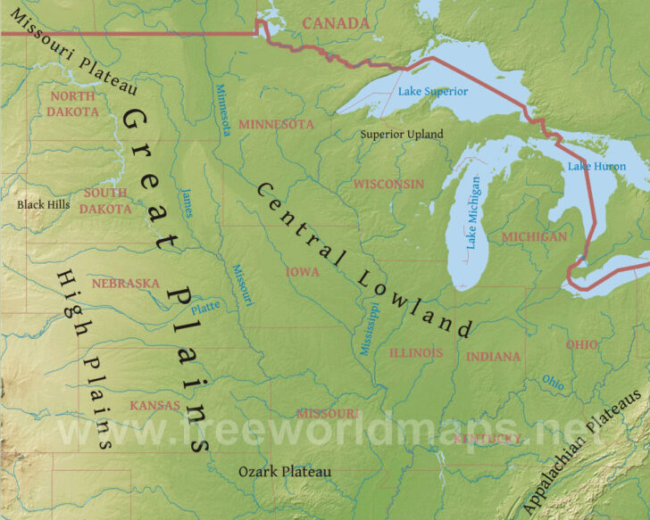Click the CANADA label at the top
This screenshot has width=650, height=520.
[x=335, y=22]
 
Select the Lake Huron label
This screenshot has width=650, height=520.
[x=596, y=166]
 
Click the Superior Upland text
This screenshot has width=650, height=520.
[x=401, y=134]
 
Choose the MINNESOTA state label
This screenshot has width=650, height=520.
[x=276, y=124]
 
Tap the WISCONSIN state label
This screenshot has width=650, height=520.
[x=388, y=184]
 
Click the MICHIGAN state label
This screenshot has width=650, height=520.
[x=534, y=236]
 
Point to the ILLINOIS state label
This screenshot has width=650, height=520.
[x=415, y=353]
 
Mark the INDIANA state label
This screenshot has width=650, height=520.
[x=493, y=357]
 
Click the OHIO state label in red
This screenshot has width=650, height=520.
[x=582, y=344]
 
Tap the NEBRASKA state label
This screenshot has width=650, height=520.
[x=125, y=284]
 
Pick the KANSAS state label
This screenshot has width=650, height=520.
[x=154, y=405]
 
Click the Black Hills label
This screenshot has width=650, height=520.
[x=43, y=204]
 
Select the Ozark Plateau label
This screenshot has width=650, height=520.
[x=285, y=471]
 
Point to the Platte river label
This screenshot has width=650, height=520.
[x=204, y=304]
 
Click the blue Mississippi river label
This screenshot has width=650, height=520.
[x=369, y=327]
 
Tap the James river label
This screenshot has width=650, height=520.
[x=186, y=202]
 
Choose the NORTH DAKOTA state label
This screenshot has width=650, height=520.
[x=74, y=103]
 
